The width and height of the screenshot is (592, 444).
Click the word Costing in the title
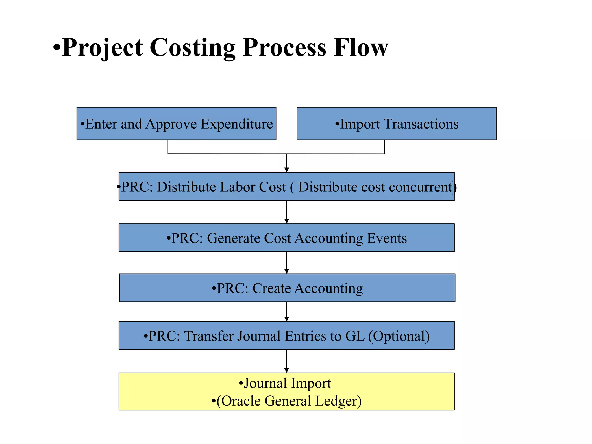pos(192,48)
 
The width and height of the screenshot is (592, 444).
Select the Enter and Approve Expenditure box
pos(176,123)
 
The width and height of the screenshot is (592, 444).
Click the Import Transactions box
pos(396,123)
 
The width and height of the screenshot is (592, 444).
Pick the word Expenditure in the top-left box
pos(236,124)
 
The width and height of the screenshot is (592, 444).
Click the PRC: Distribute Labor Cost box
pos(286,186)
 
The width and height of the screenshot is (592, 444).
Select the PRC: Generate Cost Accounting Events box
pos(286,238)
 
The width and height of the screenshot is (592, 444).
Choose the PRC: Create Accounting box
pos(287,288)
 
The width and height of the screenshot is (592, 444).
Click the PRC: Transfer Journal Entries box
pos(286,336)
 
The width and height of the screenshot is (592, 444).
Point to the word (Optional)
pos(399,336)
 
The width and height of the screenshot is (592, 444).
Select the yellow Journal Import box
pos(286,391)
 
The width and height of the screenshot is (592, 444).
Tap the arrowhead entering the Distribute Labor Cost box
pos(286,169)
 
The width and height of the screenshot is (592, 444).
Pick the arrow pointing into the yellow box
pos(286,361)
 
